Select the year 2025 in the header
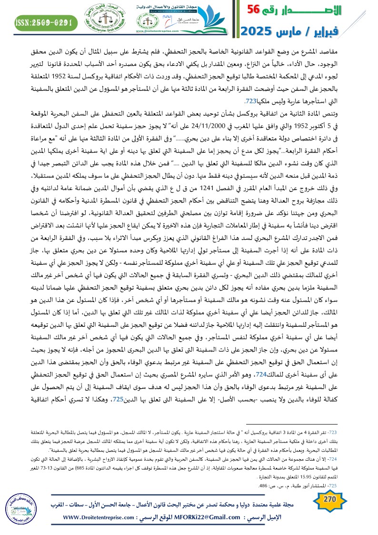click(261, 31)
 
